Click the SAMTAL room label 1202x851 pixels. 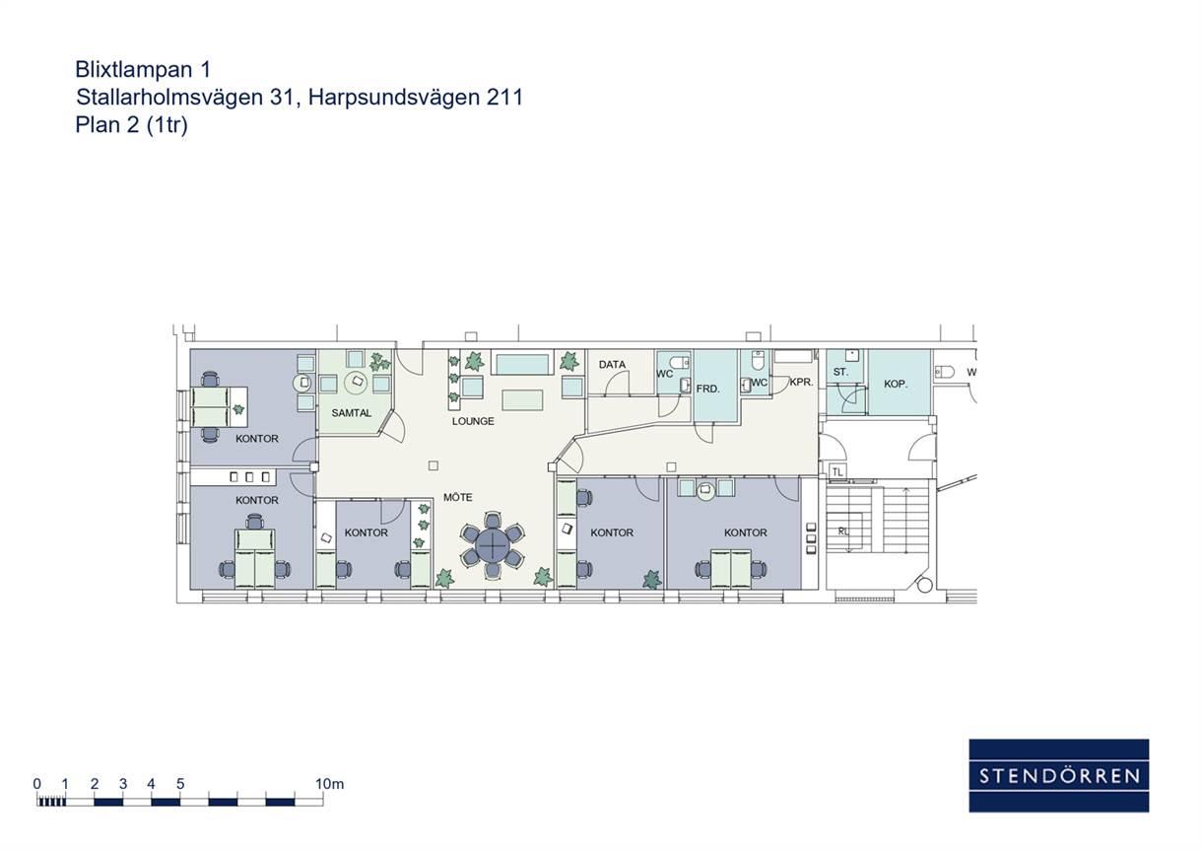(x=352, y=413)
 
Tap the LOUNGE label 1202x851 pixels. (x=473, y=421)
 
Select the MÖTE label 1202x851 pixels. (x=458, y=497)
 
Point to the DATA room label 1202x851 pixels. (x=612, y=365)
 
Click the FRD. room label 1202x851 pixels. (x=707, y=389)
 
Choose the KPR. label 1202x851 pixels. (x=801, y=383)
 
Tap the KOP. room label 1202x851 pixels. (x=896, y=384)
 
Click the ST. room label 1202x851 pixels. (x=840, y=372)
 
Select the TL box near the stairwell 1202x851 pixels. (x=837, y=472)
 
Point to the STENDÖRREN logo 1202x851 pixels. (x=1059, y=775)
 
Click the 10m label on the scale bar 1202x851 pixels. (x=329, y=784)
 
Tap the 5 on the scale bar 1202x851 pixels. (x=180, y=784)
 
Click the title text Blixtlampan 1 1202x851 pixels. (x=143, y=69)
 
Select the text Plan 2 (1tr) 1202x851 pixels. (x=131, y=124)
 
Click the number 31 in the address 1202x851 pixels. (x=282, y=98)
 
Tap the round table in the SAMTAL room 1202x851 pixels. (x=357, y=382)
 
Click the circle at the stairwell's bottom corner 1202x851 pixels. (x=924, y=585)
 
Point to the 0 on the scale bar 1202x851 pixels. (x=37, y=784)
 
